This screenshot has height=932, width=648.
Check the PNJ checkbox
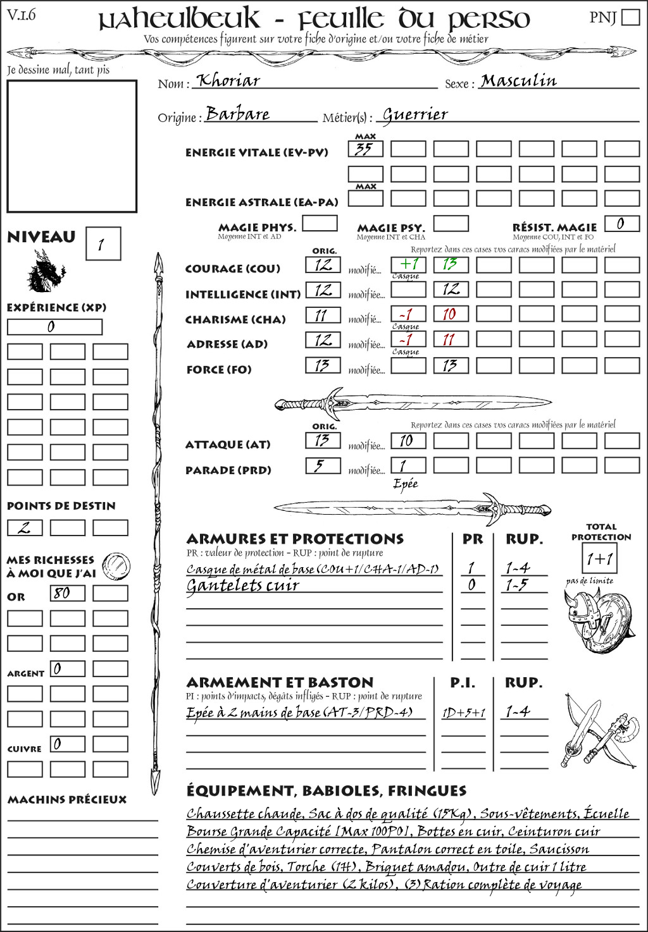(630, 16)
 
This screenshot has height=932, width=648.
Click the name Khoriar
(228, 81)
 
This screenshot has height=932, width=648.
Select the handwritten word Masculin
(518, 81)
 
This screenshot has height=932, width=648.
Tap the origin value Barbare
(238, 114)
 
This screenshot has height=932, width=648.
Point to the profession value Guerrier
(415, 114)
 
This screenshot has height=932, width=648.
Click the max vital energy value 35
(364, 149)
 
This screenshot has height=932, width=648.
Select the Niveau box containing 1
(103, 244)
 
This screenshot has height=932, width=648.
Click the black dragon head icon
(46, 271)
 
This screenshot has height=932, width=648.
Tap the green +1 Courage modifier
(408, 264)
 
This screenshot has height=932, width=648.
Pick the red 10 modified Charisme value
(449, 314)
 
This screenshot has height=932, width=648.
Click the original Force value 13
(322, 365)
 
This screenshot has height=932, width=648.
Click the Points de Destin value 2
(25, 527)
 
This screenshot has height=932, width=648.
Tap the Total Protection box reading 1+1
(599, 559)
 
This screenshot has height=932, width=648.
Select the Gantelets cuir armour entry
(242, 586)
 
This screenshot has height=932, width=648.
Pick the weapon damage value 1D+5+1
(464, 713)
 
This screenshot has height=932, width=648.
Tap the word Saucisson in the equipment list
(559, 849)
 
